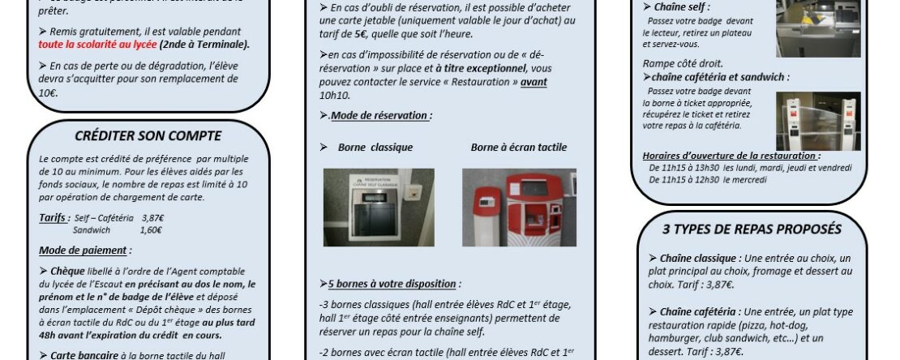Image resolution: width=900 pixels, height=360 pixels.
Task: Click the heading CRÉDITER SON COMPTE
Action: (148, 135)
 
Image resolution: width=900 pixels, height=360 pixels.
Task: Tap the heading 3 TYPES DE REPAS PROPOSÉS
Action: (752, 229)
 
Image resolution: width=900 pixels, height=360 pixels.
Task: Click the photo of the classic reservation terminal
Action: (379, 207)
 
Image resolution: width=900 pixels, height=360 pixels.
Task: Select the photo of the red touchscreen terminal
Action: (519, 207)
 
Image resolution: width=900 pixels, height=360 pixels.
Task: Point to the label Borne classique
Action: (375, 148)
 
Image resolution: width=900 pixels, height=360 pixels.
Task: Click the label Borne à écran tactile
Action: (518, 148)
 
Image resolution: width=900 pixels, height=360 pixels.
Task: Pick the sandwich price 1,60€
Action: (152, 230)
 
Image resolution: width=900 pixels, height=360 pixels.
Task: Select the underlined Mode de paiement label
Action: (84, 251)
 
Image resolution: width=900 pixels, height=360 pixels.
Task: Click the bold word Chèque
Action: (67, 272)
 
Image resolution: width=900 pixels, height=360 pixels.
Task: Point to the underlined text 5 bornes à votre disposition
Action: (391, 284)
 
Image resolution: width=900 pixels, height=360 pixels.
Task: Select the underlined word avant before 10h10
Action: (534, 82)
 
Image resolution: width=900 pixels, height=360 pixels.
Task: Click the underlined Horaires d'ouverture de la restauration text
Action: (731, 156)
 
